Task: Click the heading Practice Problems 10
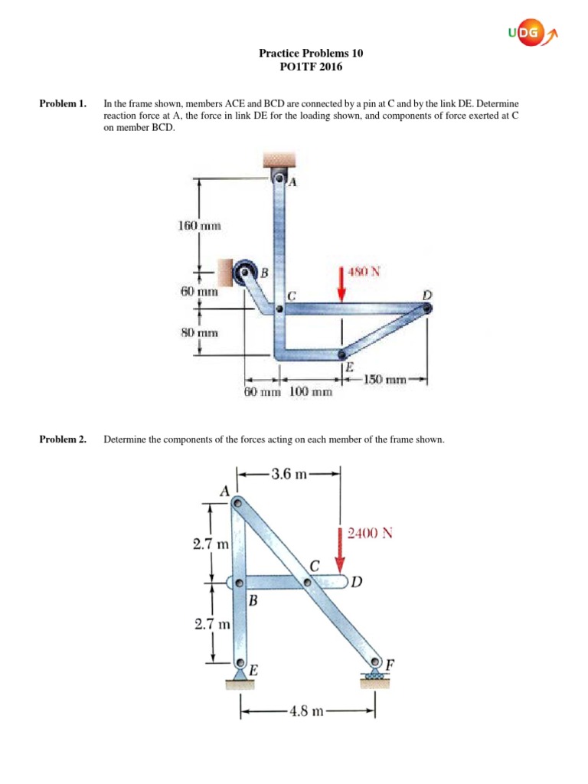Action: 311,54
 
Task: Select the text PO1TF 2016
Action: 311,67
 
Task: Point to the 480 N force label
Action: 364,271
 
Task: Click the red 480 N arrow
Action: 342,286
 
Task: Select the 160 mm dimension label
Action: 199,226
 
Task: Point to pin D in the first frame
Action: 426,308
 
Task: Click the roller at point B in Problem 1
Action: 246,271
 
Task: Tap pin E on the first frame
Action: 342,354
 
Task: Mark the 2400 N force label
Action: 370,533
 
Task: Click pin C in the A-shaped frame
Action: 309,583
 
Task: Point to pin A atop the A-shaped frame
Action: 238,503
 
